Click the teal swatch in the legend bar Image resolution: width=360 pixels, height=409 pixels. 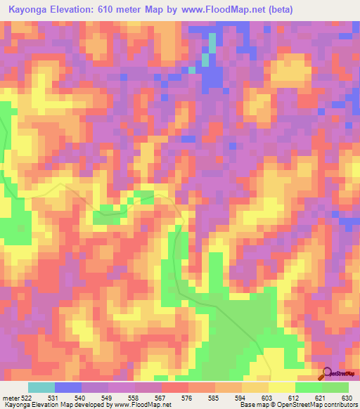pyautogui.click(x=41, y=387)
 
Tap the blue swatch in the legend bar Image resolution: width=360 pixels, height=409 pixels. pyautogui.click(x=68, y=387)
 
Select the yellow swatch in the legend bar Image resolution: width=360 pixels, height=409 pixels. pyautogui.click(x=282, y=387)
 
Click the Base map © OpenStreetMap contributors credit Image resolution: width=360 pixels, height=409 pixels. pyautogui.click(x=297, y=405)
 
